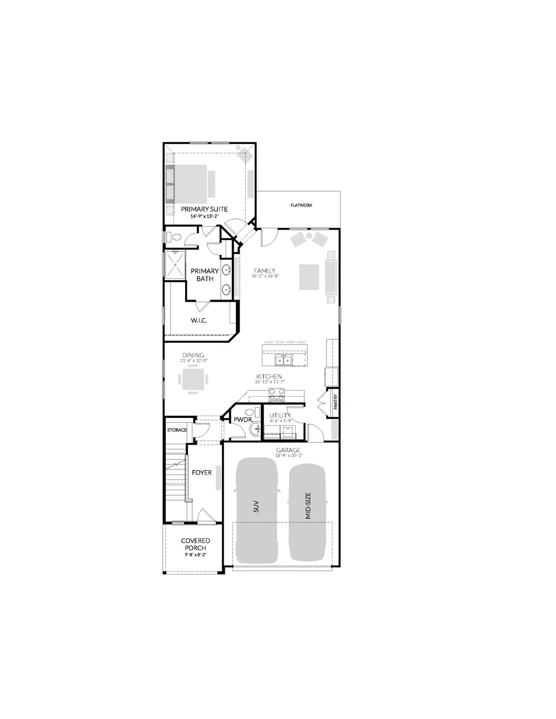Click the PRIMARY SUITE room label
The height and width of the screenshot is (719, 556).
pyautogui.click(x=204, y=209)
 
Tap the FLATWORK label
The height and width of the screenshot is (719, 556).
pyautogui.click(x=301, y=206)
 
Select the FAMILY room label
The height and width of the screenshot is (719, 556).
pyautogui.click(x=265, y=271)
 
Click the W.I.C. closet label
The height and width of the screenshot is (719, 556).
pyautogui.click(x=198, y=321)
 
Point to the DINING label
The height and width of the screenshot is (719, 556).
pyautogui.click(x=192, y=355)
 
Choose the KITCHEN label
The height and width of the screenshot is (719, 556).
pyautogui.click(x=269, y=377)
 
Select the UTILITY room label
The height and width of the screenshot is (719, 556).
pyautogui.click(x=280, y=416)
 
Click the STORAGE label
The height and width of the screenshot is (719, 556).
pyautogui.click(x=177, y=430)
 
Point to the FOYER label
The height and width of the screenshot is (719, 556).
pyautogui.click(x=202, y=473)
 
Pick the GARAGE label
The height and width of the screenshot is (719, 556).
pyautogui.click(x=288, y=450)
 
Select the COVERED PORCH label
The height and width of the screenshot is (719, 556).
pyautogui.click(x=195, y=544)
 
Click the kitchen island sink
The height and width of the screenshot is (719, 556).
pyautogui.click(x=284, y=361)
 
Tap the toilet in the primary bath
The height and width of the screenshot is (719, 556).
pyautogui.click(x=176, y=237)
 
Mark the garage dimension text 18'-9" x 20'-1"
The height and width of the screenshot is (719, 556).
pyautogui.click(x=288, y=456)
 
